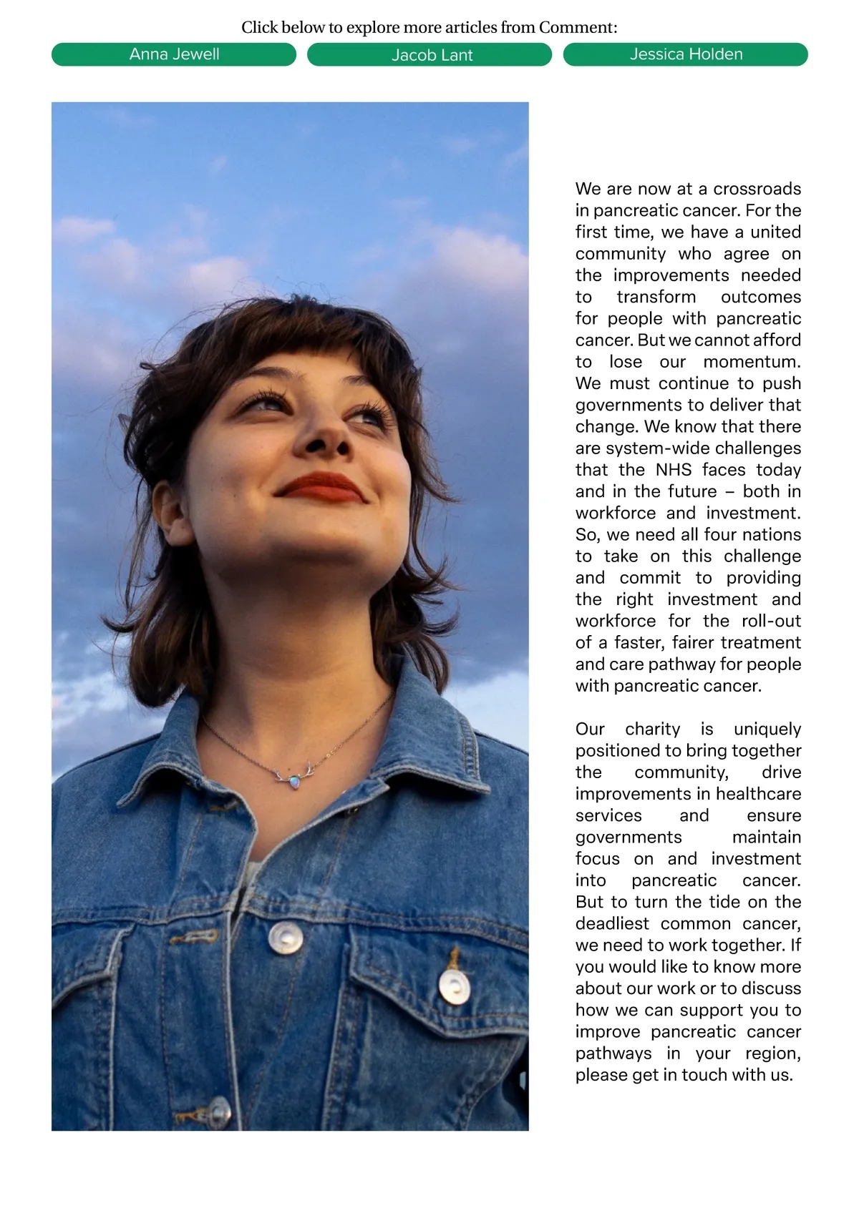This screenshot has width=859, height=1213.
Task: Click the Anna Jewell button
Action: (x=174, y=54)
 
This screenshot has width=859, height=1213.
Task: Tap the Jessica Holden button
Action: (x=686, y=54)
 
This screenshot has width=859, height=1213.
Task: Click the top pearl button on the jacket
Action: (x=285, y=937)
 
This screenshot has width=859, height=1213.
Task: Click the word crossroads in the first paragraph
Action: (x=757, y=189)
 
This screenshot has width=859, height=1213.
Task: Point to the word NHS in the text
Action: (x=673, y=470)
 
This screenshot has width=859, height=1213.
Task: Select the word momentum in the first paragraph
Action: (x=751, y=362)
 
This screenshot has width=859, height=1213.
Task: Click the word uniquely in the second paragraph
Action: (x=767, y=729)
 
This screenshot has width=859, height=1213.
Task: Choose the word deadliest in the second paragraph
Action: (x=612, y=923)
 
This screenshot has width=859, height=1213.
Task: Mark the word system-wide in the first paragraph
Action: (x=647, y=448)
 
